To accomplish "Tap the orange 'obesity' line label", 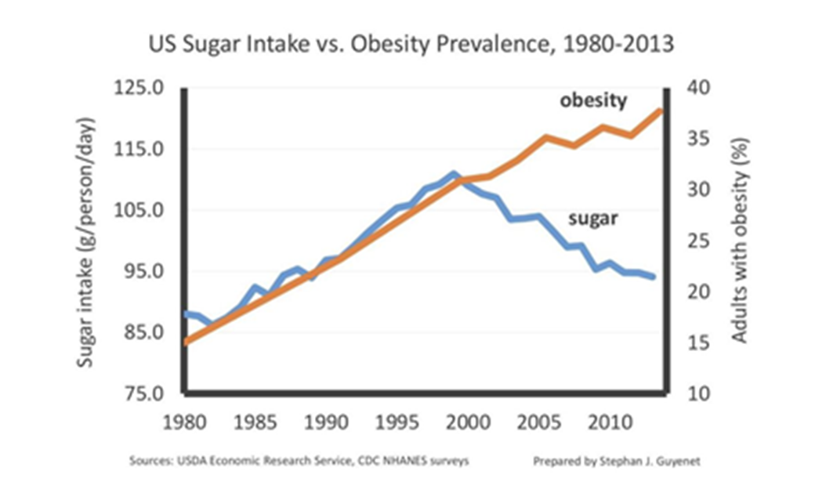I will (x=593, y=100).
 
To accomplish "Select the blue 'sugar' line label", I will (x=593, y=219).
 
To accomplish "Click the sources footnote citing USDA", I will (x=299, y=462).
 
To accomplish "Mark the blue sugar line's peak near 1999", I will (x=454, y=174).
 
